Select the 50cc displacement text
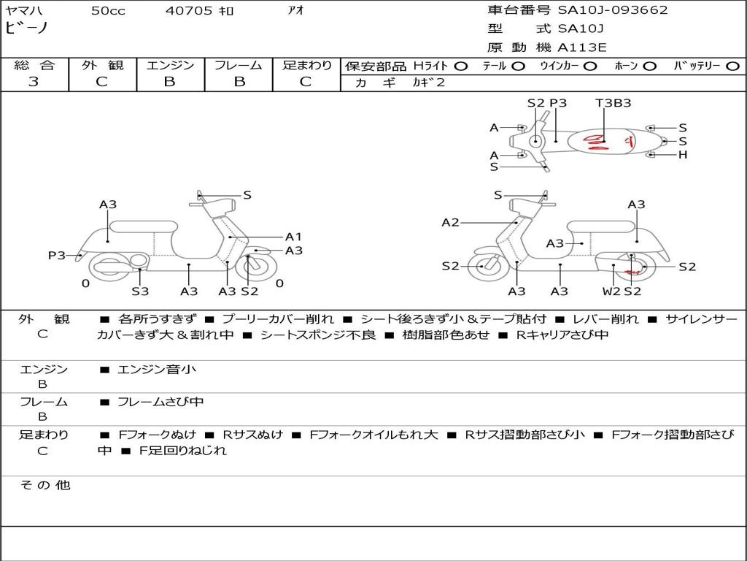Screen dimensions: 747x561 pos(107,11)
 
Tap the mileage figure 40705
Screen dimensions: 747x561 pos(189,11)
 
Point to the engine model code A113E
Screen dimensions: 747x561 pos(581,48)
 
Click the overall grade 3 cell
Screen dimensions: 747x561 pos(34,82)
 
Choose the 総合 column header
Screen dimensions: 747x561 pos(34,65)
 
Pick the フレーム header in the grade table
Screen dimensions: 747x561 pos(239,65)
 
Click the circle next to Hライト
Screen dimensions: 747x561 pos(460,66)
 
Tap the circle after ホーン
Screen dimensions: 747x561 pos(649,66)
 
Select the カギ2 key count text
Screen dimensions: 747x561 pos(430,83)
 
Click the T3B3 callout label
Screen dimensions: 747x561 pos(613,103)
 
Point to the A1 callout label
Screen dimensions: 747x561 pos(293,237)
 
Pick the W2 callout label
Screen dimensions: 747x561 pos(611,291)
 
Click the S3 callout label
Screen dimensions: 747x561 pos(140,291)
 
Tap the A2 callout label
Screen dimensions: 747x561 pos(450,222)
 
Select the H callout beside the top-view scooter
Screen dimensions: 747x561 pos(683,155)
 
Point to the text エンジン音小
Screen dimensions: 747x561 pos(157,370)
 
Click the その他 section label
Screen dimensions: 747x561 pos(44,485)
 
